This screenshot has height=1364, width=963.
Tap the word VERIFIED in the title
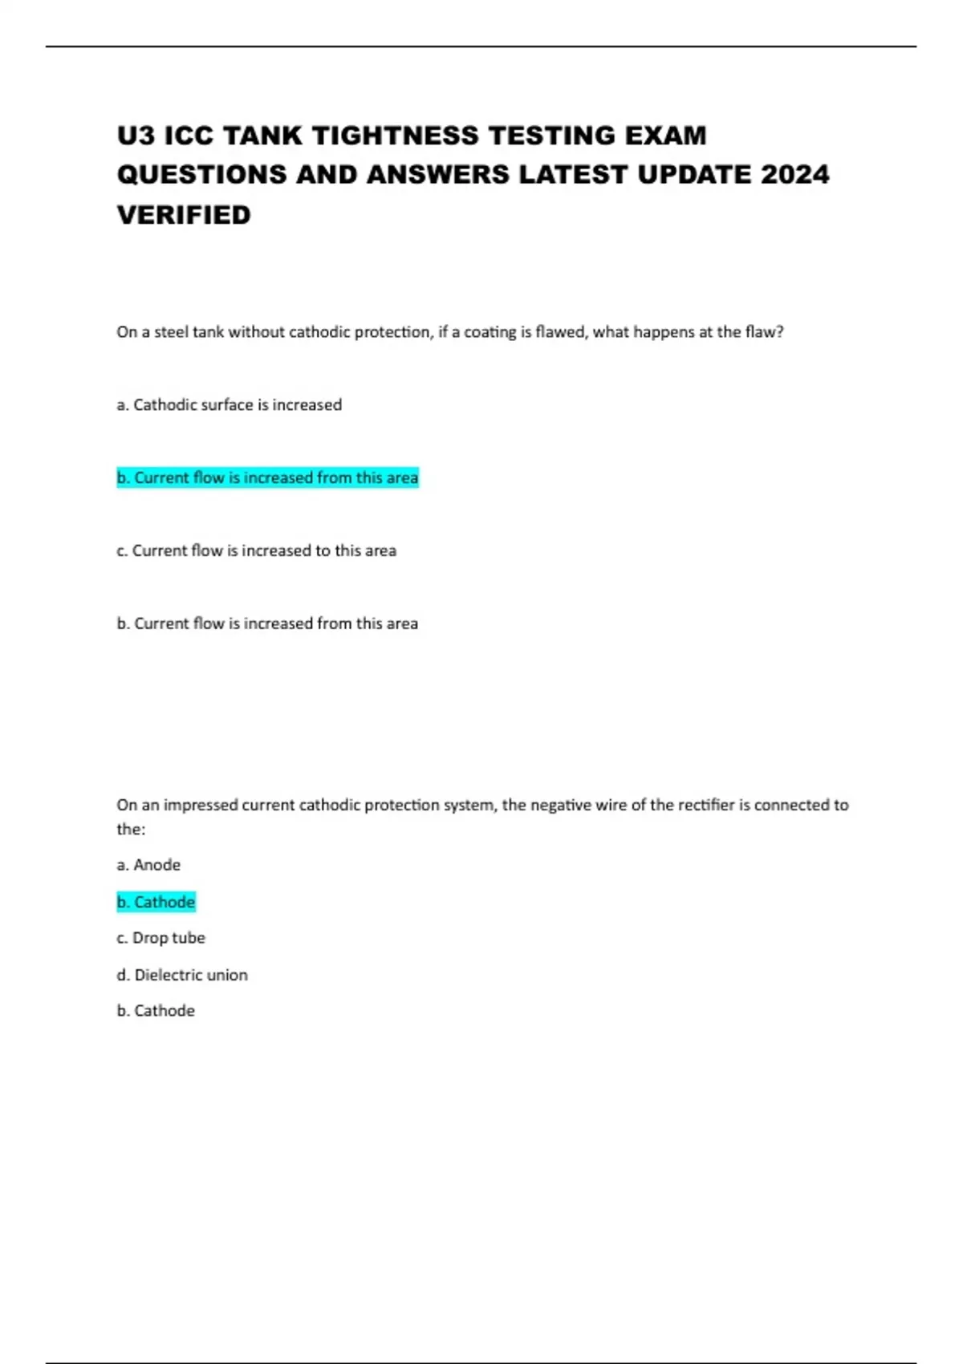coord(184,215)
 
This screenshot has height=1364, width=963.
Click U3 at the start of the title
coord(136,136)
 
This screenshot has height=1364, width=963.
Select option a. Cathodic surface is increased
coord(230,405)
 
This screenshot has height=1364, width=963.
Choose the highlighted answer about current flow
coord(267,478)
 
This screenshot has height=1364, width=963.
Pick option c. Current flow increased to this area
coord(256,551)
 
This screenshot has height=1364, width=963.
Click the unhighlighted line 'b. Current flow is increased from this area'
coord(267,623)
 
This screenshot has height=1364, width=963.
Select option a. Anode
coord(148,865)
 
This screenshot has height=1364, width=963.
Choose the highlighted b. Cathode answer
coord(156,902)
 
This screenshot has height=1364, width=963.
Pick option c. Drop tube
coord(160,938)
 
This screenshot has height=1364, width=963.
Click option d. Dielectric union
coord(182,975)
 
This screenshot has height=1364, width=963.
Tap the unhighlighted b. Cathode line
coord(156,1011)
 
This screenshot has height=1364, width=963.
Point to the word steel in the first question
coord(171,332)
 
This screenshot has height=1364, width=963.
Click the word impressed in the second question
coord(200,805)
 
